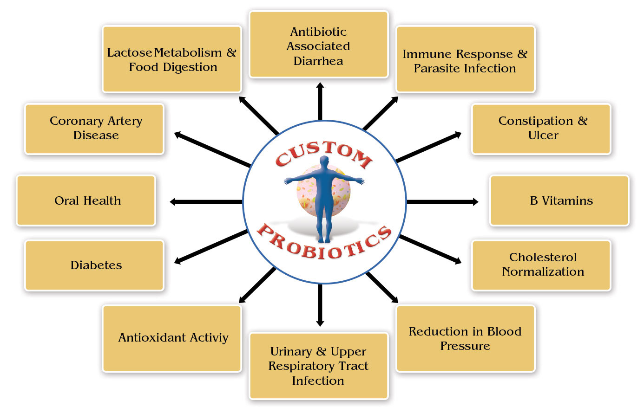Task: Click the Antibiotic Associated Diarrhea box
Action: click(x=318, y=45)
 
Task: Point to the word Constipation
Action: click(x=535, y=121)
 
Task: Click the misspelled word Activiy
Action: click(x=211, y=338)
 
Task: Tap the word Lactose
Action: click(x=129, y=53)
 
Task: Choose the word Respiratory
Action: click(x=302, y=366)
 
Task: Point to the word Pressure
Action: click(x=465, y=346)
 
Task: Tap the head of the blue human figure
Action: click(x=324, y=162)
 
